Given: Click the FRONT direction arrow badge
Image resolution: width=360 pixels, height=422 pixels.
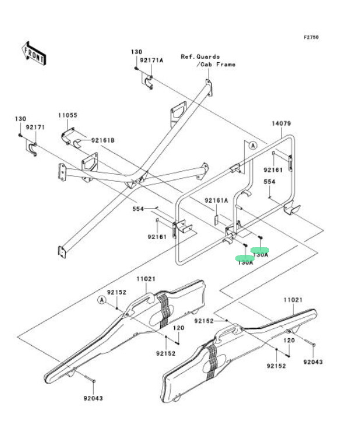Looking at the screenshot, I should (x=34, y=53).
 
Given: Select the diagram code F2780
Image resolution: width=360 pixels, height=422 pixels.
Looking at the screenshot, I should (x=311, y=37).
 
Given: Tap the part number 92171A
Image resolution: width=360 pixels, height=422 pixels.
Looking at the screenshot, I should (x=153, y=60).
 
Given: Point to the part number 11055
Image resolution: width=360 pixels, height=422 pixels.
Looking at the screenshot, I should (x=68, y=115).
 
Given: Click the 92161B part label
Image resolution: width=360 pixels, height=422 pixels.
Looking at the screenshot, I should (x=102, y=140).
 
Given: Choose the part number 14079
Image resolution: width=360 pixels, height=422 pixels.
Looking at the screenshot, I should (x=281, y=123).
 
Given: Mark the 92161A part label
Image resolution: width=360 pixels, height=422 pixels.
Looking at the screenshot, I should (x=216, y=200).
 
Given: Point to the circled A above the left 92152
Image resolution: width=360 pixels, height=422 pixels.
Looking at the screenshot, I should (x=101, y=300).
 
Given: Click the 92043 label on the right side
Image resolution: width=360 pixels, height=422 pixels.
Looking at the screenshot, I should (x=312, y=361).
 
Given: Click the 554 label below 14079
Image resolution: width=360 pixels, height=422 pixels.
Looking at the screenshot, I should (x=269, y=182).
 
